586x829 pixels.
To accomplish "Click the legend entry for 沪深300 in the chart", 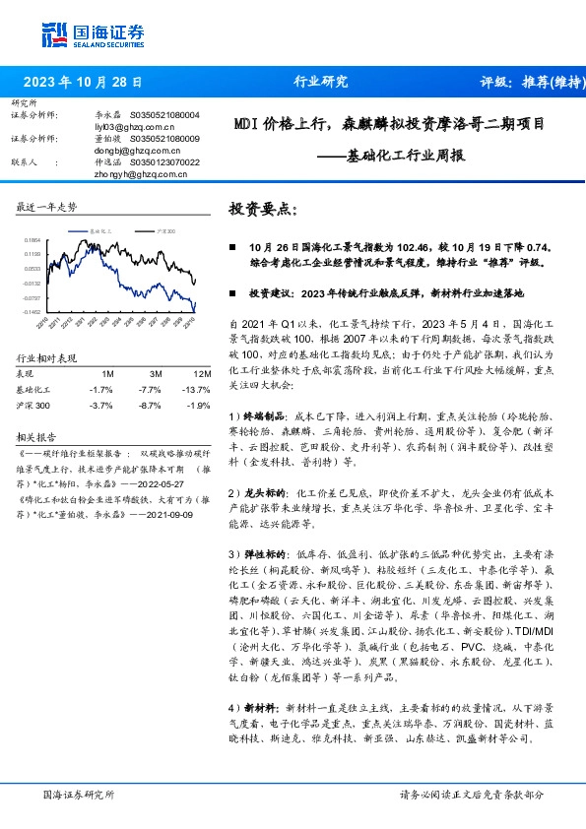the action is pos(164,229).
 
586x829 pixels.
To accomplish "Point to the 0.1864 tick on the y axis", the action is pos(33,239).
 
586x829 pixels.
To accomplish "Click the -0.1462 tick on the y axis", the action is pos(33,311).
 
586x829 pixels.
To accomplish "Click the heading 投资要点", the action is pos(262,210).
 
